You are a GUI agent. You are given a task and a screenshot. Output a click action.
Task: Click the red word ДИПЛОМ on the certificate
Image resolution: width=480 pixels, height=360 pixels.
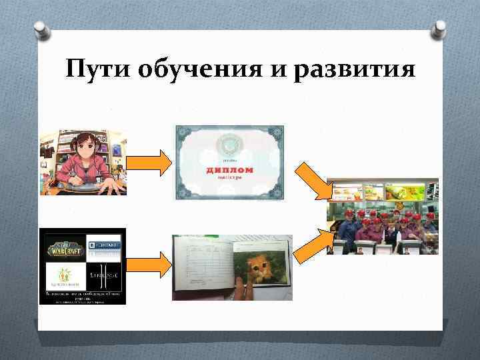pyautogui.click(x=228, y=170)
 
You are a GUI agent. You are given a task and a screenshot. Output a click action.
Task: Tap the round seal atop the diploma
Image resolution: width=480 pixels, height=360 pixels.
pyautogui.click(x=229, y=144)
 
